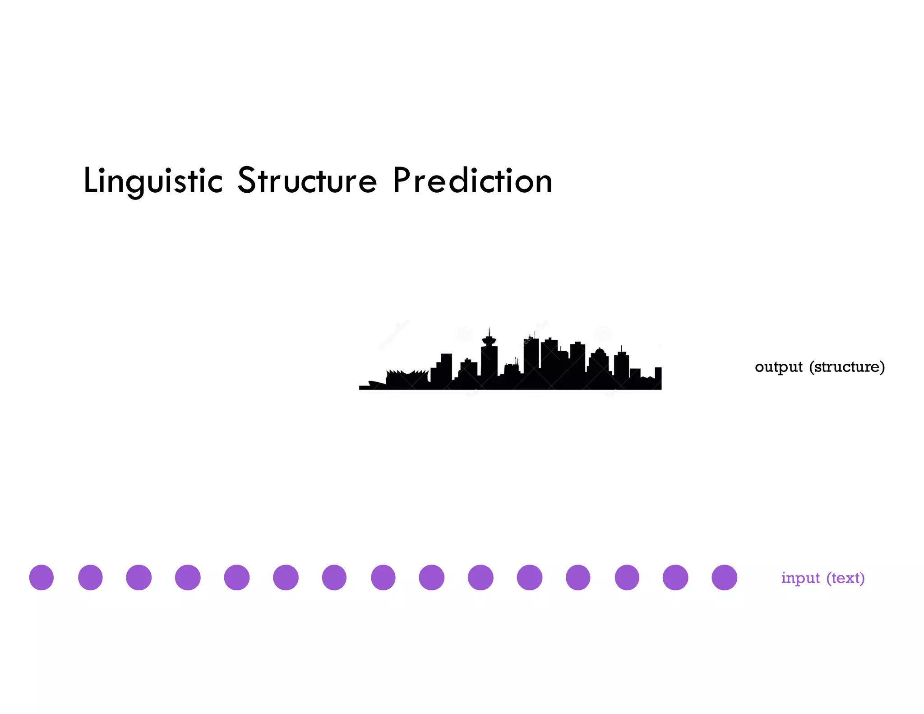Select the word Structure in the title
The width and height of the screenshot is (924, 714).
tap(307, 181)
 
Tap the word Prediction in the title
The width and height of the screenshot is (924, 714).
tap(472, 181)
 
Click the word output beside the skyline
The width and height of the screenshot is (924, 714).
tap(778, 367)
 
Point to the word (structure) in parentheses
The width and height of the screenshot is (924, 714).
tap(847, 367)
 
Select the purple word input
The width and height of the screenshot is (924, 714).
tap(800, 578)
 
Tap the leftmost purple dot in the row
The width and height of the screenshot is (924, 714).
tap(42, 577)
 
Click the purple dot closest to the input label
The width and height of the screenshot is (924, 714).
tap(724, 577)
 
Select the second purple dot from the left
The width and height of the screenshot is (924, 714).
tap(90, 577)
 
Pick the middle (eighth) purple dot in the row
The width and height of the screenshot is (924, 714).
tap(383, 577)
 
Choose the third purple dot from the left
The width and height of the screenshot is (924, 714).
tap(139, 577)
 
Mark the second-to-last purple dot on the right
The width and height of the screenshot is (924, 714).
tap(675, 577)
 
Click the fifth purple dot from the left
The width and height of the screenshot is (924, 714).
tap(237, 577)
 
